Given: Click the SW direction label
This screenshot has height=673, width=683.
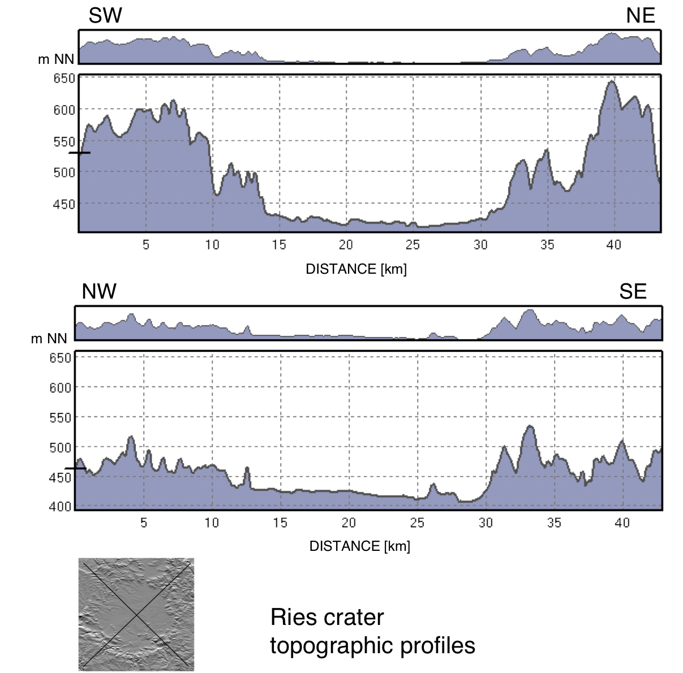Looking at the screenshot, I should (x=105, y=16).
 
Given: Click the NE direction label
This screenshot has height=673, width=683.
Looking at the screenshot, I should (x=641, y=16).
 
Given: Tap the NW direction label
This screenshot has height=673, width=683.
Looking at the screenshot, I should (x=99, y=291).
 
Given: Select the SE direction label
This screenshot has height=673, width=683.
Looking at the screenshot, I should (x=633, y=291).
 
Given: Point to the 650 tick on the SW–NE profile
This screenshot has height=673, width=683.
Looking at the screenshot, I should (x=64, y=78).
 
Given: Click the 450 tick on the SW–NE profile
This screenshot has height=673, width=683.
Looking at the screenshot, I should (x=64, y=204).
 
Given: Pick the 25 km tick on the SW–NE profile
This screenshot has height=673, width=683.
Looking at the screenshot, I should (x=413, y=244).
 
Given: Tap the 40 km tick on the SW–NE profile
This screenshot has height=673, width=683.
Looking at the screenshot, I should (x=613, y=244).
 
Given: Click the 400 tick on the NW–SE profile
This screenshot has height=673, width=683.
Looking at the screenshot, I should (x=61, y=506).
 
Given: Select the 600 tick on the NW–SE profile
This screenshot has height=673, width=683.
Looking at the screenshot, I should (x=61, y=387).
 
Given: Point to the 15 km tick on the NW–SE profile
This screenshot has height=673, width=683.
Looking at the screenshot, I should (x=280, y=523).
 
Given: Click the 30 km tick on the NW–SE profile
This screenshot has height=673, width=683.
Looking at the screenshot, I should (x=486, y=523).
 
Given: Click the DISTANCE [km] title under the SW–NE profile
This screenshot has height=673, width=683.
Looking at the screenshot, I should (x=356, y=269).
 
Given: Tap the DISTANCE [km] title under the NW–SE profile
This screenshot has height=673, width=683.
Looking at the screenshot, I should (x=359, y=546).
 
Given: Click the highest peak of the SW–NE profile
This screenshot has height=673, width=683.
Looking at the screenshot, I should (x=612, y=82).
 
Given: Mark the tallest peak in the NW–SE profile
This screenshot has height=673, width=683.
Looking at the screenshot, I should (x=530, y=426).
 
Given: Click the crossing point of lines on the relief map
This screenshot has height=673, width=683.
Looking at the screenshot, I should (x=136, y=615).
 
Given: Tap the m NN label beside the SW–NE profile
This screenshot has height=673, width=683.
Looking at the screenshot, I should (x=56, y=59).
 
